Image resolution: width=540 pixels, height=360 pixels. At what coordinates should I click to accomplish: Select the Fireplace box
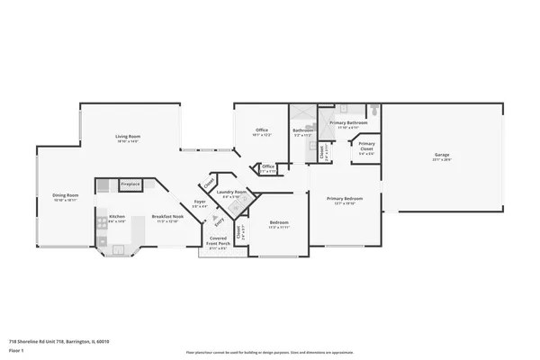pyautogui.click(x=130, y=184)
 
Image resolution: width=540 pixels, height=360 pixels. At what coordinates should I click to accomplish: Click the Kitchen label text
pyautogui.click(x=117, y=216)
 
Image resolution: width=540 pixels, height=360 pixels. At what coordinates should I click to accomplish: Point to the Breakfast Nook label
pyautogui.click(x=167, y=216)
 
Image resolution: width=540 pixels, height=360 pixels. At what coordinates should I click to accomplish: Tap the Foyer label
pyautogui.click(x=200, y=202)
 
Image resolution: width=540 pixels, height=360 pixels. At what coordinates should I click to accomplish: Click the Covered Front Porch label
pyautogui.click(x=218, y=240)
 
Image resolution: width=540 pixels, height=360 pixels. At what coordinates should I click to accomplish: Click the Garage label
pyautogui.click(x=442, y=156)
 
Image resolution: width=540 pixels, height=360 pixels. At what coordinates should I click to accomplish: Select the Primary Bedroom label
pyautogui.click(x=345, y=199)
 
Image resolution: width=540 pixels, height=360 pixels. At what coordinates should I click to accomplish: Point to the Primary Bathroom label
pyautogui.click(x=347, y=122)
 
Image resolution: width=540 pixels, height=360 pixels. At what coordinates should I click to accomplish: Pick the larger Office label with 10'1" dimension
pyautogui.click(x=262, y=130)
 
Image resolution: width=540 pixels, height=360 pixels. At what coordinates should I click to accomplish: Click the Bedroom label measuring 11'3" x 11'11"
pyautogui.click(x=279, y=222)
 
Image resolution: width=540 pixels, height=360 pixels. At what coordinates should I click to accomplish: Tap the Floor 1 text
pyautogui.click(x=17, y=352)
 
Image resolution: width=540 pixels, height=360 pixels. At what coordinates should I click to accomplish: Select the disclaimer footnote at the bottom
pyautogui.click(x=269, y=352)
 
